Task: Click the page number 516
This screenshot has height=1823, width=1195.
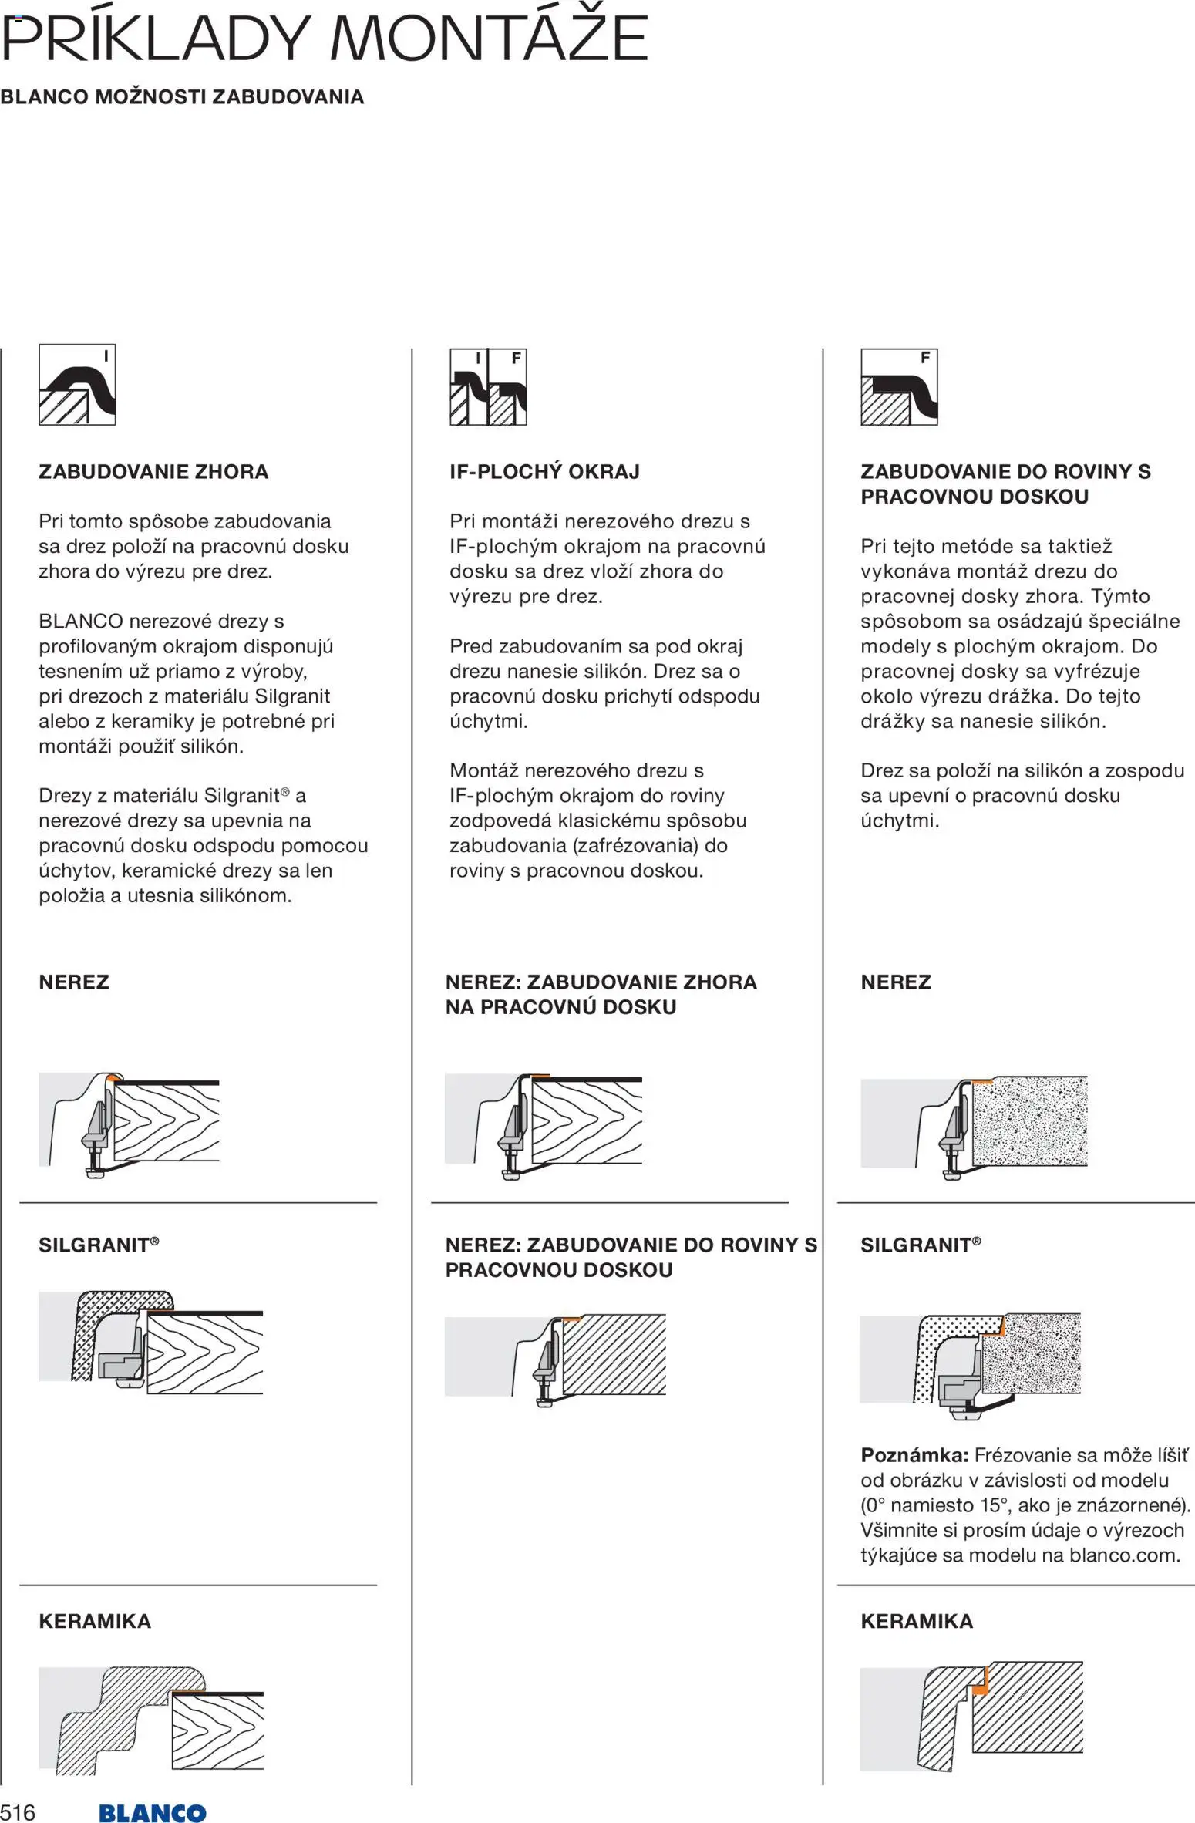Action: pyautogui.click(x=18, y=1812)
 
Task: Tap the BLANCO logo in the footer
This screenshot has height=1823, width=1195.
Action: pyautogui.click(x=152, y=1813)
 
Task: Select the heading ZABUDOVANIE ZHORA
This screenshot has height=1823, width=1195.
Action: pyautogui.click(x=153, y=472)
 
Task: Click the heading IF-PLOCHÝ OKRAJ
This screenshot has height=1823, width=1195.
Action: pyautogui.click(x=544, y=472)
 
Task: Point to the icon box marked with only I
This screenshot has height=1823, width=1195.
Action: pyautogui.click(x=77, y=385)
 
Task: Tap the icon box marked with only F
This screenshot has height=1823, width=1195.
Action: pyautogui.click(x=899, y=386)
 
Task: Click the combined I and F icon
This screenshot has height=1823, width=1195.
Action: pyautogui.click(x=488, y=386)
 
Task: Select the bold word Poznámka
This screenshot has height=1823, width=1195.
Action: pyautogui.click(x=914, y=1455)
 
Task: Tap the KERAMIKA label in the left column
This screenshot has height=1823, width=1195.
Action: pyautogui.click(x=95, y=1621)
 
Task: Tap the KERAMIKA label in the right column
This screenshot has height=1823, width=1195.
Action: pyautogui.click(x=917, y=1621)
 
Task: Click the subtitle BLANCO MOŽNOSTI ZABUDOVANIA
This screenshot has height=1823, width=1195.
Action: pyautogui.click(x=182, y=97)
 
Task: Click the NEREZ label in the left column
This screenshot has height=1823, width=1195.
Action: pyautogui.click(x=74, y=982)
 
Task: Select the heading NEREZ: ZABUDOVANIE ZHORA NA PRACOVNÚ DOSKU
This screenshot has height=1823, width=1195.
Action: pyautogui.click(x=601, y=994)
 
